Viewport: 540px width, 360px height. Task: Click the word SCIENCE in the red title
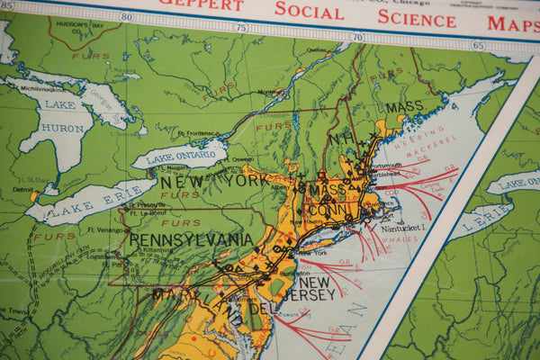click(x=416, y=17)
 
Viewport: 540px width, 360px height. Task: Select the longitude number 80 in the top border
click(x=125, y=16)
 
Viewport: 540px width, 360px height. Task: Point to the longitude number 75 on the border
click(x=240, y=27)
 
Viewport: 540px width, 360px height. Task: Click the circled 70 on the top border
click(x=357, y=37)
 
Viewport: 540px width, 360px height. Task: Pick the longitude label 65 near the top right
click(x=477, y=45)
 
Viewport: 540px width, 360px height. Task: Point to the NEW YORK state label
click(x=213, y=181)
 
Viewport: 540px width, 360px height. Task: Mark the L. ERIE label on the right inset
click(x=465, y=221)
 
